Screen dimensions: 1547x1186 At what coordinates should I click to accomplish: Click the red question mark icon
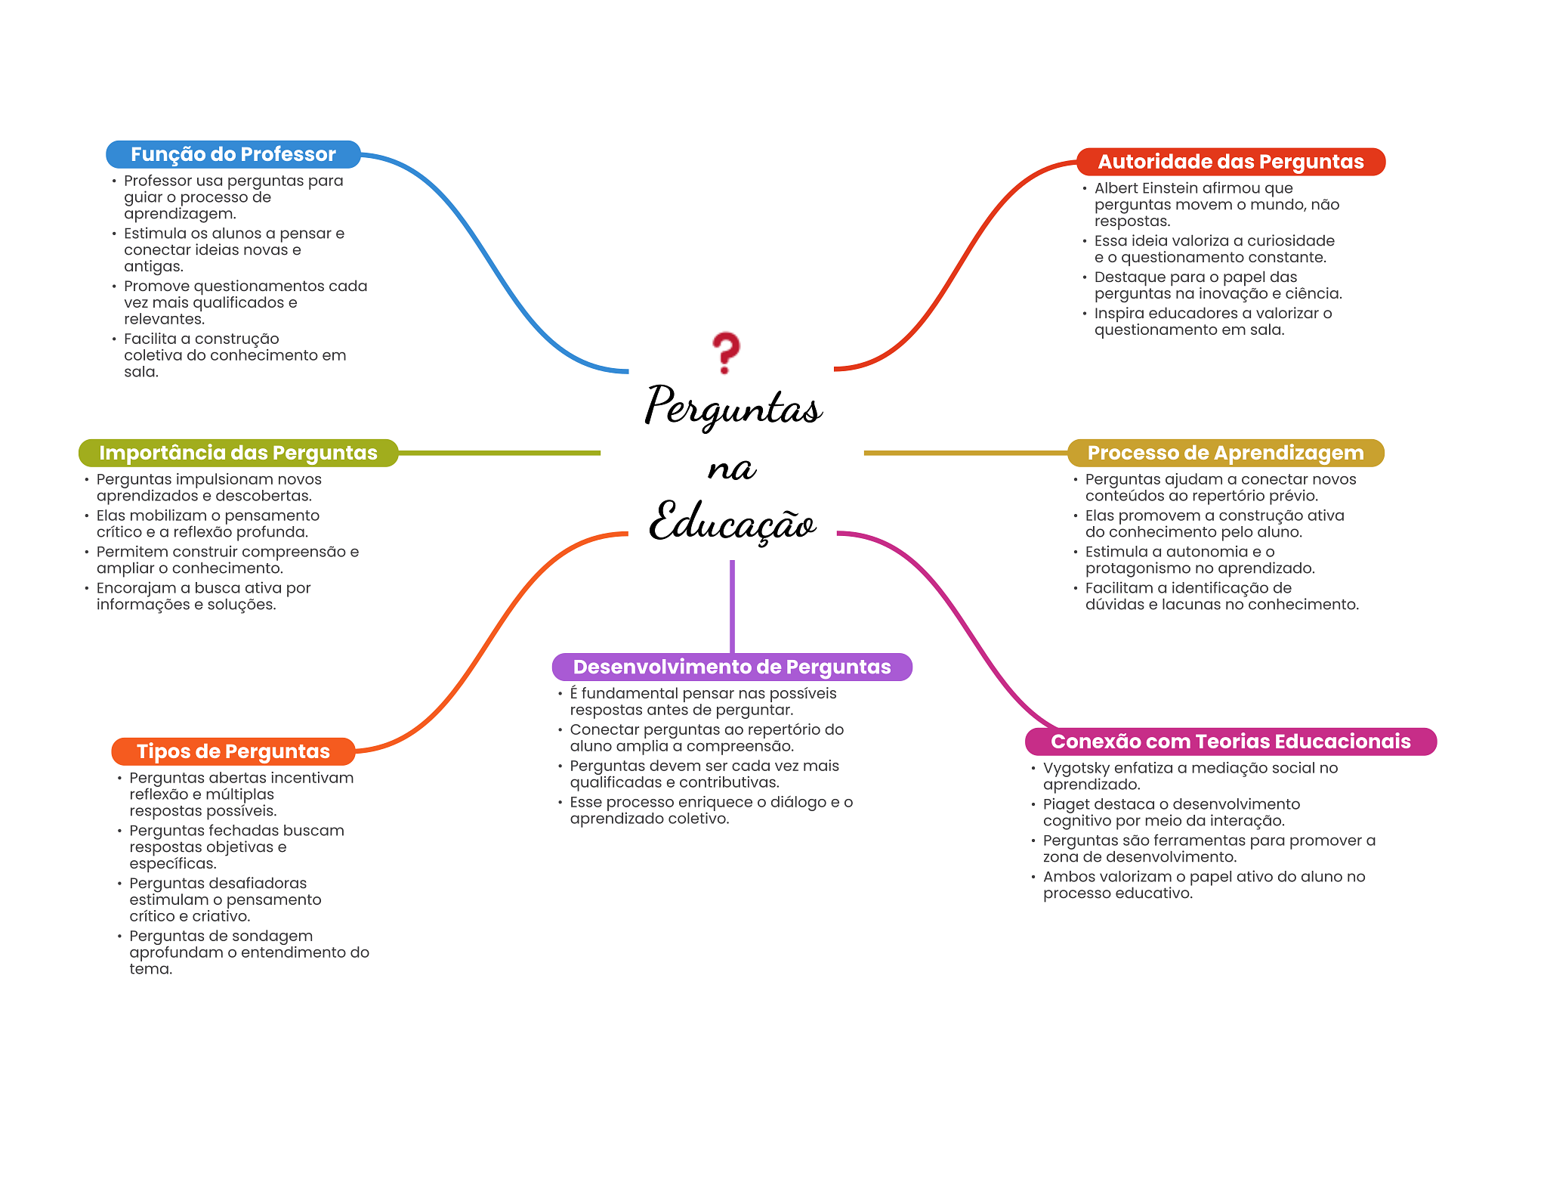726,352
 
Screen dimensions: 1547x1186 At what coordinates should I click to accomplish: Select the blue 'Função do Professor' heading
233,154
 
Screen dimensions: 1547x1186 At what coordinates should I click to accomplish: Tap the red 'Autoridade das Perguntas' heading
1230,162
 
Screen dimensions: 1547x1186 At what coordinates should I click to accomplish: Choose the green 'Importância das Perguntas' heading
238,453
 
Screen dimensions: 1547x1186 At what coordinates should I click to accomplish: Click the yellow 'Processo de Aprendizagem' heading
1225,453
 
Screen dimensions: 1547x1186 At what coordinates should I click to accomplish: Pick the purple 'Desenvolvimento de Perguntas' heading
732,667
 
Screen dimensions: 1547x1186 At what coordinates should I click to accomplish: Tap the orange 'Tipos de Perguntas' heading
233,751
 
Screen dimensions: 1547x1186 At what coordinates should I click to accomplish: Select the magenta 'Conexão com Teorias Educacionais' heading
1230,742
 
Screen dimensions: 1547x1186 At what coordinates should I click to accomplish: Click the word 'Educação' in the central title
733,522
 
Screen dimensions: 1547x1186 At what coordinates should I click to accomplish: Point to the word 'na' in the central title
731,469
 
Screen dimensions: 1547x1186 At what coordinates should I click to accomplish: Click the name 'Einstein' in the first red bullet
1171,188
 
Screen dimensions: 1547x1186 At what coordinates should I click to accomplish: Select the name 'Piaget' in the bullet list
1065,805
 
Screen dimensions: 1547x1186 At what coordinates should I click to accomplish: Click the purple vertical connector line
732,606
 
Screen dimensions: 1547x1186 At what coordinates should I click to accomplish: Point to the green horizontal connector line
499,453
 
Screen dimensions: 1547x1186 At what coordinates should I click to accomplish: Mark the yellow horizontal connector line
965,453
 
